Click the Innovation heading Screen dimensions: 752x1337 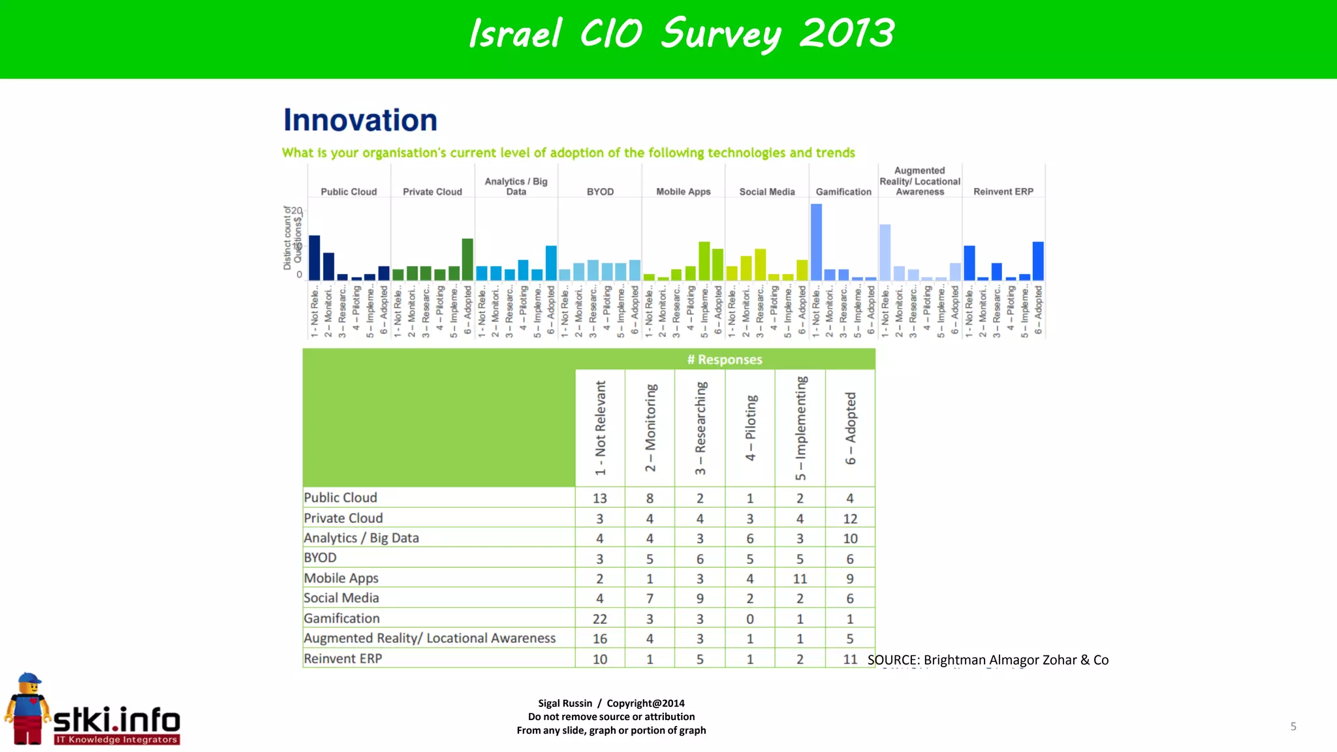pos(360,121)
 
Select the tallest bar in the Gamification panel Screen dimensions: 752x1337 pos(816,242)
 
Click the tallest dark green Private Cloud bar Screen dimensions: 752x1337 pos(467,259)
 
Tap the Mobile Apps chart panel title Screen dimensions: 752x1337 pos(683,191)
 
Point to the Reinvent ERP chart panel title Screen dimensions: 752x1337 pos(1003,191)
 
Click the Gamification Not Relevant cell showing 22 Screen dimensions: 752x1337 pos(599,618)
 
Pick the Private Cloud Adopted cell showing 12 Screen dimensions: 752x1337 pos(849,518)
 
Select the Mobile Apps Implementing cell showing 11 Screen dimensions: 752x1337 pos(800,578)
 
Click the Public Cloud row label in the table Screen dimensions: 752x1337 pos(340,497)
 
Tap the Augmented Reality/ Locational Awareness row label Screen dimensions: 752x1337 pos(430,638)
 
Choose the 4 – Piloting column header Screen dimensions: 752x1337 pos(750,428)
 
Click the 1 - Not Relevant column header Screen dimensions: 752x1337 pos(600,428)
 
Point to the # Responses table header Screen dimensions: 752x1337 pos(724,359)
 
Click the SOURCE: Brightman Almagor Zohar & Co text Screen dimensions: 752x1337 pos(988,659)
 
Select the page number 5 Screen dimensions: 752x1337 pos(1293,726)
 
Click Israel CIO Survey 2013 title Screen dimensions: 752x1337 pos(681,34)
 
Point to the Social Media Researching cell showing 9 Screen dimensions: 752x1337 pos(700,598)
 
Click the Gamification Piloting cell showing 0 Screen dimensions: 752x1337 pos(749,618)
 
